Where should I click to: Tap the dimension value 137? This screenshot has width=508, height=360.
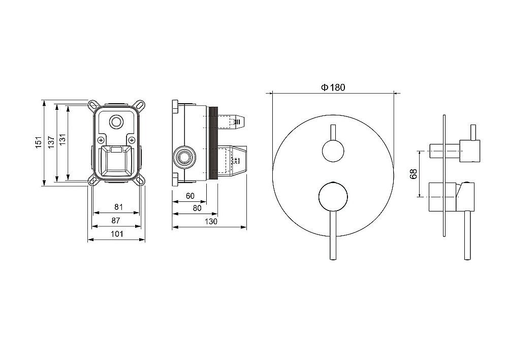coord(51,142)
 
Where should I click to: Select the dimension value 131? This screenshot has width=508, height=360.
coord(62,139)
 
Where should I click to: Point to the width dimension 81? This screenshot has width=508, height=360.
coord(119,206)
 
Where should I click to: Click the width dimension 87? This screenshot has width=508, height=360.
coord(116,221)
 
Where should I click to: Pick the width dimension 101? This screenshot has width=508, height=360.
coord(117,234)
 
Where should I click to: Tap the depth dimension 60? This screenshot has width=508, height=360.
coord(190,196)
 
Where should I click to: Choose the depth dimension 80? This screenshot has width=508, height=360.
coord(197,208)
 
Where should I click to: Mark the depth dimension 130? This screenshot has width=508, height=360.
coord(211,222)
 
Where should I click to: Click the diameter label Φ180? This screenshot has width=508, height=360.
coord(333,87)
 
